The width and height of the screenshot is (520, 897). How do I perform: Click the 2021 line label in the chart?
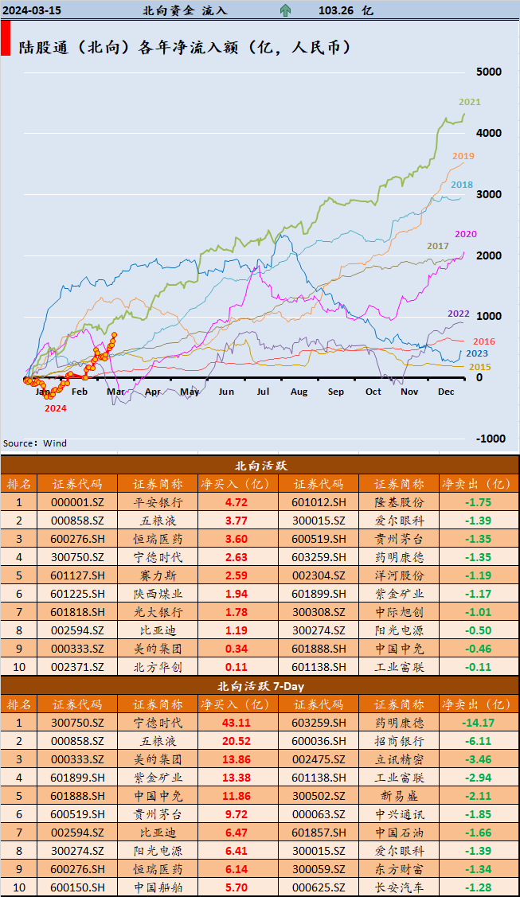point(469,102)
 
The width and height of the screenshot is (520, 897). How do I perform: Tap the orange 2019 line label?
point(463,156)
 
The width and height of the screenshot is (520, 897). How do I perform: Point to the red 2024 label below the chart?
point(55,408)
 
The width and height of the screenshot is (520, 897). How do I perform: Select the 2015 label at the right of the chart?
point(479,367)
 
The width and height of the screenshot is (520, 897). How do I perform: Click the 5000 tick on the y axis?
point(488,72)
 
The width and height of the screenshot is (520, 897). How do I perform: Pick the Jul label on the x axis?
point(263,392)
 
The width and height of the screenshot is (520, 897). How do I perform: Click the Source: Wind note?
point(35,443)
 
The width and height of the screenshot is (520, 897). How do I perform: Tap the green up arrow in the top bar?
point(284,10)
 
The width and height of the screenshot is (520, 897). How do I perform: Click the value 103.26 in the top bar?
point(334,10)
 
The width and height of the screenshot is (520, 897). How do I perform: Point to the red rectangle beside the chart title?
point(6,38)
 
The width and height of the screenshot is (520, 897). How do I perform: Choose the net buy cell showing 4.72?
point(237,502)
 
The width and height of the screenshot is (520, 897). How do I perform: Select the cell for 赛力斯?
point(158,575)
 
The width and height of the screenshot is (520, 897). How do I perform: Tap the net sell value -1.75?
point(478,502)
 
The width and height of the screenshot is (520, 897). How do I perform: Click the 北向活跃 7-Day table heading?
point(260,685)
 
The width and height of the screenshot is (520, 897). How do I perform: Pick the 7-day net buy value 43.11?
point(237,723)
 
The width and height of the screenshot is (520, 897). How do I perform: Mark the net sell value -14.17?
point(478,723)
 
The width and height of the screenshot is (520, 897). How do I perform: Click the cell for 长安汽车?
point(398,887)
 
